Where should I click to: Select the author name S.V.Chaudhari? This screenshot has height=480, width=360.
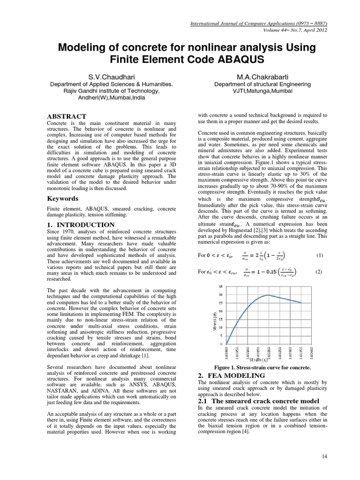tap(111, 76)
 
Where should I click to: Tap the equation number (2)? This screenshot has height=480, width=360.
tap(319, 271)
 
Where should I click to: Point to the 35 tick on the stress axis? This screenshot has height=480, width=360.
tap(221, 286)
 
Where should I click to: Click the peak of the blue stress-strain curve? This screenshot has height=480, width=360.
tap(268, 295)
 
